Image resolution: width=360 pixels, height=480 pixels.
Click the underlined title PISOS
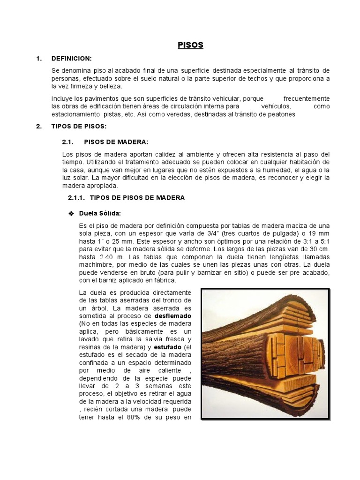pyautogui.click(x=190, y=45)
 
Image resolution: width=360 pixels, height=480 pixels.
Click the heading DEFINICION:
pyautogui.click(x=72, y=59)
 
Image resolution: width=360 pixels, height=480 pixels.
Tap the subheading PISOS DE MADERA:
pyautogui.click(x=116, y=142)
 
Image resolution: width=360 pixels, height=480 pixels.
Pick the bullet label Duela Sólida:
pyautogui.click(x=100, y=213)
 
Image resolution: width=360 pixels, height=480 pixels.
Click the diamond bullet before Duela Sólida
pyautogui.click(x=72, y=214)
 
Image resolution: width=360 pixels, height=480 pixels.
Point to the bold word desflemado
pyautogui.click(x=174, y=316)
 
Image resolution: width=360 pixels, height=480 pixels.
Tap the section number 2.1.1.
pyautogui.click(x=72, y=198)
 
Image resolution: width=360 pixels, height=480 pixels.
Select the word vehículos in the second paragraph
pyautogui.click(x=276, y=106)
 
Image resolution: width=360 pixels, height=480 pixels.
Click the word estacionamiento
pyautogui.click(x=81, y=114)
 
